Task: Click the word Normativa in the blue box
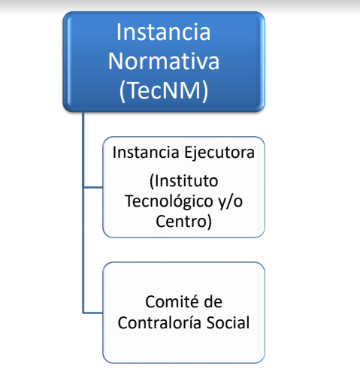164,61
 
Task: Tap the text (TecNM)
164,91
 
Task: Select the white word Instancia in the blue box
164,32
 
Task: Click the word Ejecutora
219,153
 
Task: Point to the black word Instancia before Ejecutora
146,153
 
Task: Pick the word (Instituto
183,181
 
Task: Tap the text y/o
230,201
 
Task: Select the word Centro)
183,222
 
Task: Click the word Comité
171,301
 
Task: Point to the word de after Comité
213,301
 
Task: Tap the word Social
228,322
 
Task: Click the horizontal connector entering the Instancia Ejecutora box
93,187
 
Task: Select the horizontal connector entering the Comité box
93,313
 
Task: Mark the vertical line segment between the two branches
83,250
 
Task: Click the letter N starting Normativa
116,62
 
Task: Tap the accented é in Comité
192,301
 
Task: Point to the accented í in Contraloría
183,322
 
